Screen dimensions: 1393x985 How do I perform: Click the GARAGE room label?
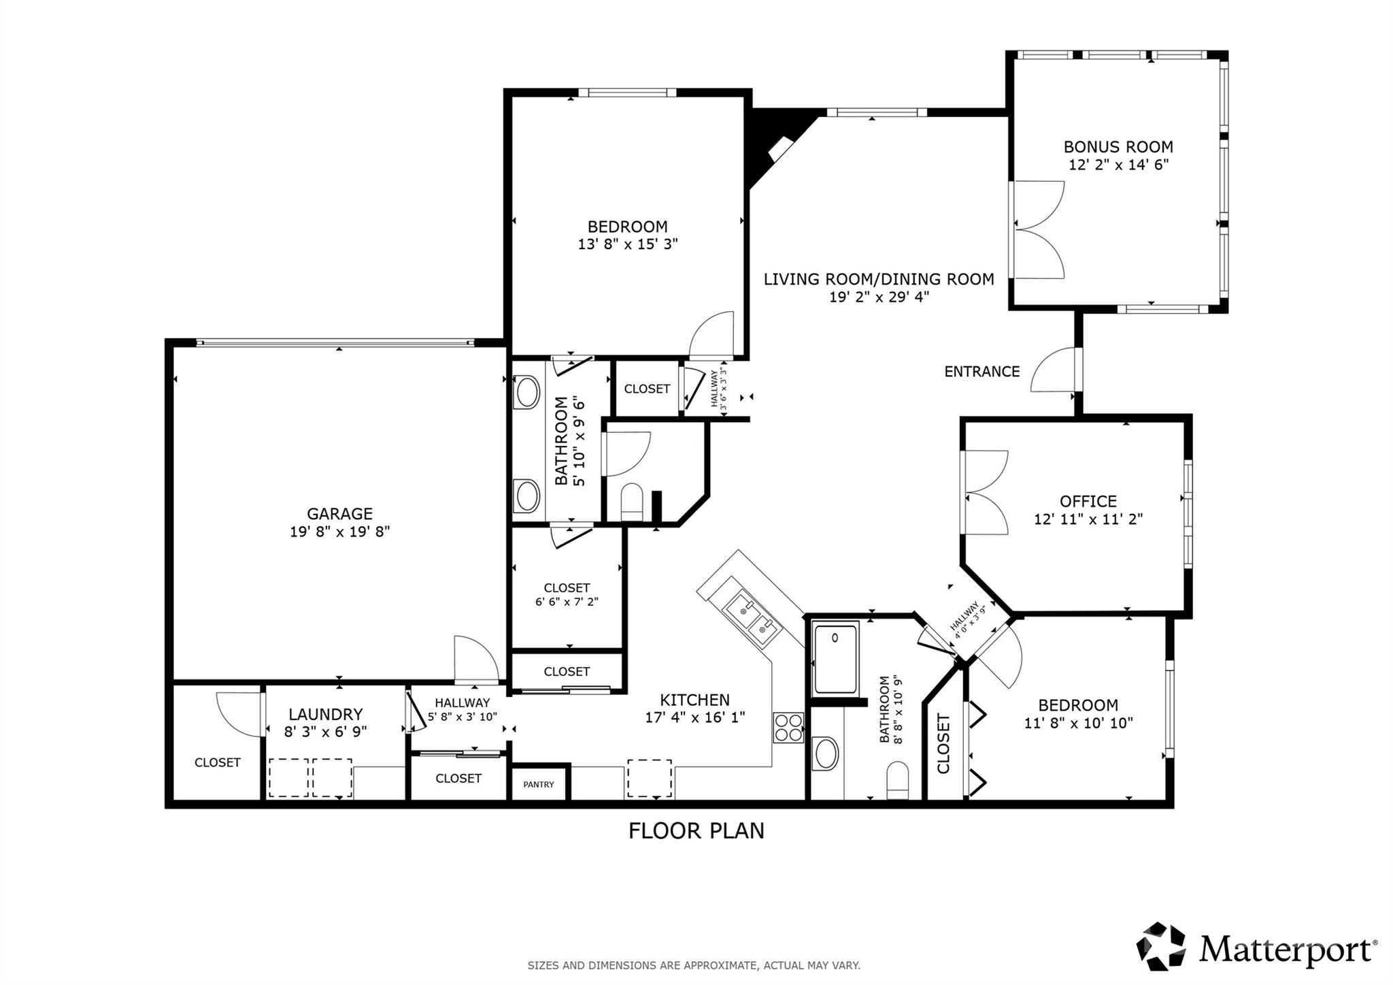coord(339,513)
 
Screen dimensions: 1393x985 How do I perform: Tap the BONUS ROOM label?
coord(1118,146)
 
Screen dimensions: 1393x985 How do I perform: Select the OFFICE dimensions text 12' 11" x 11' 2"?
coord(1088,519)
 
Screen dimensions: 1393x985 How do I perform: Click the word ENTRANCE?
coord(981,372)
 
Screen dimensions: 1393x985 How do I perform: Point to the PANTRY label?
coord(539,784)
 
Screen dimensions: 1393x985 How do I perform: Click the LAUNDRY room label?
coord(326,714)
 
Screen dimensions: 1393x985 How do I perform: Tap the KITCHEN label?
coord(695,700)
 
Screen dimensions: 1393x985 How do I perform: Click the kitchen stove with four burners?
coord(788,727)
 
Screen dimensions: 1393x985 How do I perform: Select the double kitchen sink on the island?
coord(753,618)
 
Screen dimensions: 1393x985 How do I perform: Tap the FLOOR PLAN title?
coord(696,830)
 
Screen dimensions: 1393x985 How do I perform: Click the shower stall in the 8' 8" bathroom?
coord(836,658)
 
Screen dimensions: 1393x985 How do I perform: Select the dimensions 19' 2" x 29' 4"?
coord(879,297)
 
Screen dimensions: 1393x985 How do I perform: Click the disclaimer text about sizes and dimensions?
coord(694,965)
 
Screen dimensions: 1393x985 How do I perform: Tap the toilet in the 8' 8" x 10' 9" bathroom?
coord(898,780)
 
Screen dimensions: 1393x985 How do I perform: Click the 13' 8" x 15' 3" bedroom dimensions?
coord(628,244)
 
